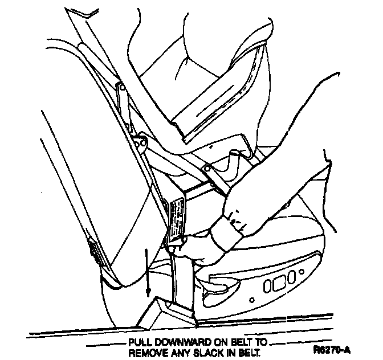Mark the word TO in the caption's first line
[x=261, y=342]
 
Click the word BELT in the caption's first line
[x=239, y=342]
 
